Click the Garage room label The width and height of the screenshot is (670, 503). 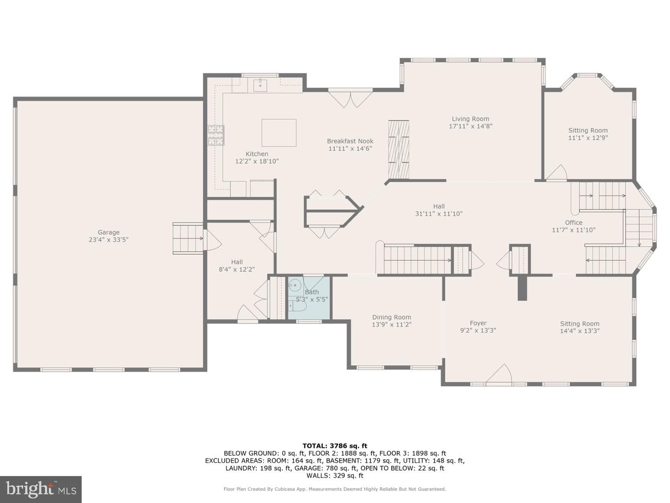click(108, 232)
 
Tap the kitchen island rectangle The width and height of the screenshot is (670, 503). click(279, 133)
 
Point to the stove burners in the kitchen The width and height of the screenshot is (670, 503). click(216, 135)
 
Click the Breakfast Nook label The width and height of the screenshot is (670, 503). click(350, 141)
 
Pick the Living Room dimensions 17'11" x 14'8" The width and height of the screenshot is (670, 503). click(470, 126)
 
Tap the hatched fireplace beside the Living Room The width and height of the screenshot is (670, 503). click(398, 150)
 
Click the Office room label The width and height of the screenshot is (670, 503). click(574, 223)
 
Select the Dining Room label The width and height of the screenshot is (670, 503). click(391, 317)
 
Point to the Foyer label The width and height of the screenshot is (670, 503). click(478, 323)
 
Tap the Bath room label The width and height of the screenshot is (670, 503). click(312, 292)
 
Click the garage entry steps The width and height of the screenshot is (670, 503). click(188, 238)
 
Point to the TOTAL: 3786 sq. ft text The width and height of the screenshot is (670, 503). click(335, 446)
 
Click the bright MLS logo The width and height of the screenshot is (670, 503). click(40, 489)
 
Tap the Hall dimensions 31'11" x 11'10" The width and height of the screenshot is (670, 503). click(439, 214)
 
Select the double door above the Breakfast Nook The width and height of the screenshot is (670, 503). click(350, 98)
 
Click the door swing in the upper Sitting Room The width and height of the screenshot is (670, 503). click(556, 172)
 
